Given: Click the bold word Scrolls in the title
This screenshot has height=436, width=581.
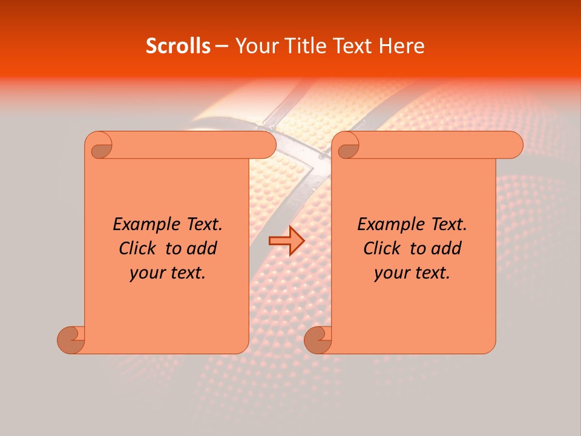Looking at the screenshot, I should coord(178,46).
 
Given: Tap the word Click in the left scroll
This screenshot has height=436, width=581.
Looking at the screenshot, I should coord(139,248).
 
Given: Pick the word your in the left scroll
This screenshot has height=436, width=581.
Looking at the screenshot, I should coord(146,274).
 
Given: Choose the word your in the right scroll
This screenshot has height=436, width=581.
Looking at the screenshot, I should coord(390,274).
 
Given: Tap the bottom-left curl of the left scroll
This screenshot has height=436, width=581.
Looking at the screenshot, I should coord(71,339).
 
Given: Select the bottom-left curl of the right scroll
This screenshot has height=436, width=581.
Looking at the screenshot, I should coord(318,339).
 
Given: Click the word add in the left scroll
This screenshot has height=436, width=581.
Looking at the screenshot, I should coord(202,248).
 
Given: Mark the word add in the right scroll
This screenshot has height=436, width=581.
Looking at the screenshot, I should coord(446,248).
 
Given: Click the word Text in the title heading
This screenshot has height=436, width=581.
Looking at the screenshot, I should coord(351,46).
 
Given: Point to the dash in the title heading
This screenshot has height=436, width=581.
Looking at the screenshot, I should coord(222,47).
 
